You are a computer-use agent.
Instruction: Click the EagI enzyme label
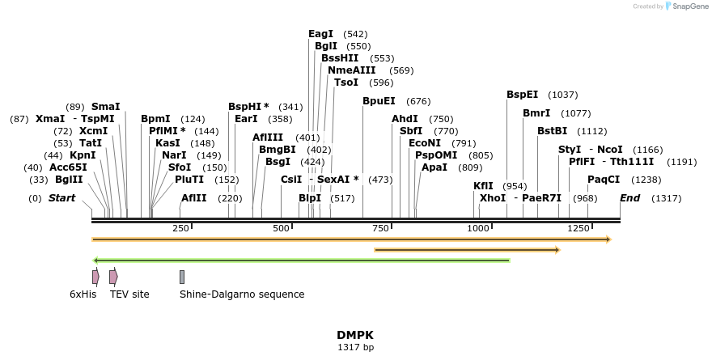pos(321,34)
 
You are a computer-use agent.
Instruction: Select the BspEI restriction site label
pos(522,95)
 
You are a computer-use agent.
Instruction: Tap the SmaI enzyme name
pos(105,107)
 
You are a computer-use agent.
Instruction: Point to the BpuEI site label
pos(379,101)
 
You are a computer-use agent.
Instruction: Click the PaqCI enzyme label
pos(604,180)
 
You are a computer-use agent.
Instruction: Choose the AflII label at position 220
pos(194,198)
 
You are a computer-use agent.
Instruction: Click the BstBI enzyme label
pos(553,131)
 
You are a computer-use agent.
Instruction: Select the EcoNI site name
pos(425,143)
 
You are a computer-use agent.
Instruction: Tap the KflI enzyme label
pos(483,186)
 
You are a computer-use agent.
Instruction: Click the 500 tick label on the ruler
pos(282,229)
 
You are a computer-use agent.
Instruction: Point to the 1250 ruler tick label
pos(578,229)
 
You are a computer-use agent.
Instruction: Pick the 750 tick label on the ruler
pos(381,229)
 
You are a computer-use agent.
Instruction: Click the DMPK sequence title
pos(355,335)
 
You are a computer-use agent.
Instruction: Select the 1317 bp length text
pos(355,348)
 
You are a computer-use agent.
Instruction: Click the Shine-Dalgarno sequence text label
pos(242,294)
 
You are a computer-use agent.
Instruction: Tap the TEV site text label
pos(129,294)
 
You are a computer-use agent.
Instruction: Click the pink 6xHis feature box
pos(95,277)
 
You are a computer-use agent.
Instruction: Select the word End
pos(629,198)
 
